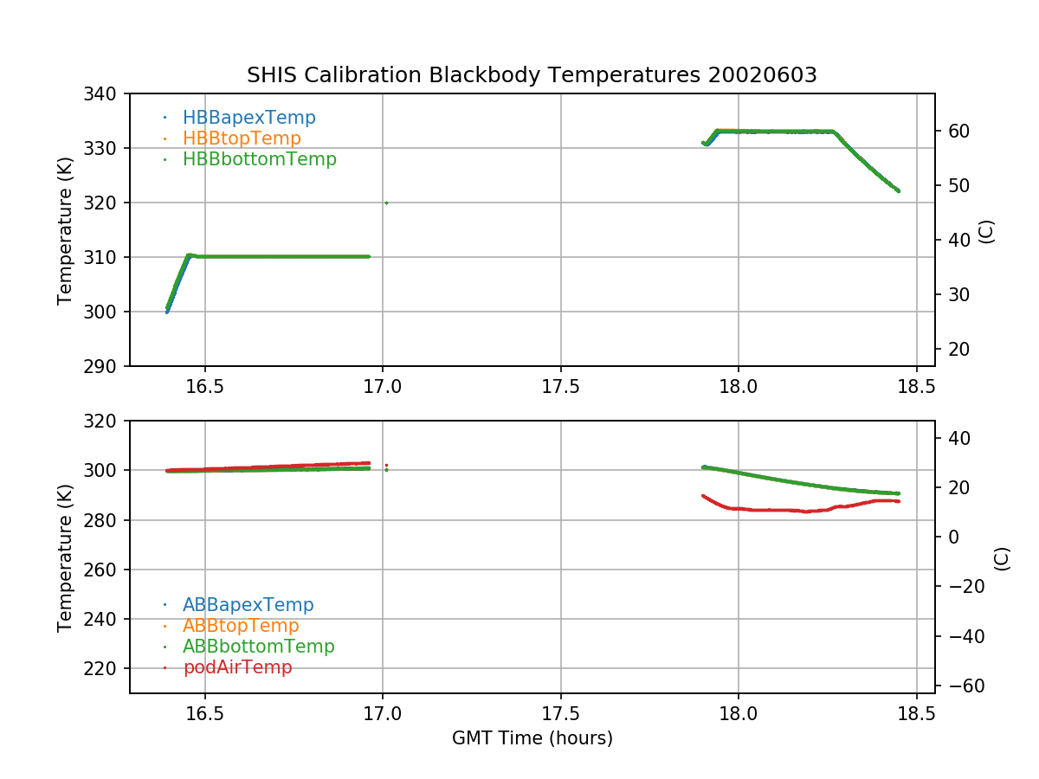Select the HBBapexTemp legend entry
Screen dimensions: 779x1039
click(x=248, y=118)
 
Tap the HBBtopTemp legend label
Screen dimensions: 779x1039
click(x=242, y=138)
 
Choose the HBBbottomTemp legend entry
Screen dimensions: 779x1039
click(x=259, y=159)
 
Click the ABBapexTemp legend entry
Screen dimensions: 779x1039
click(x=248, y=605)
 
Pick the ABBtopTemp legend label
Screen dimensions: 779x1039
click(x=241, y=626)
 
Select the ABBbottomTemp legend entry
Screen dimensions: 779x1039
click(x=258, y=647)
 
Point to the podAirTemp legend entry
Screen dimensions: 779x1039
click(x=237, y=667)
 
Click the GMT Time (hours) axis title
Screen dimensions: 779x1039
click(x=532, y=738)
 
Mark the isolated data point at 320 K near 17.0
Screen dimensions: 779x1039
click(x=386, y=203)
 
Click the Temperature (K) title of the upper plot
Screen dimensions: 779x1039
click(x=65, y=229)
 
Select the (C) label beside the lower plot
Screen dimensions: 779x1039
click(x=1002, y=557)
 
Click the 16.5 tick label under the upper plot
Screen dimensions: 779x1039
click(x=204, y=387)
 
